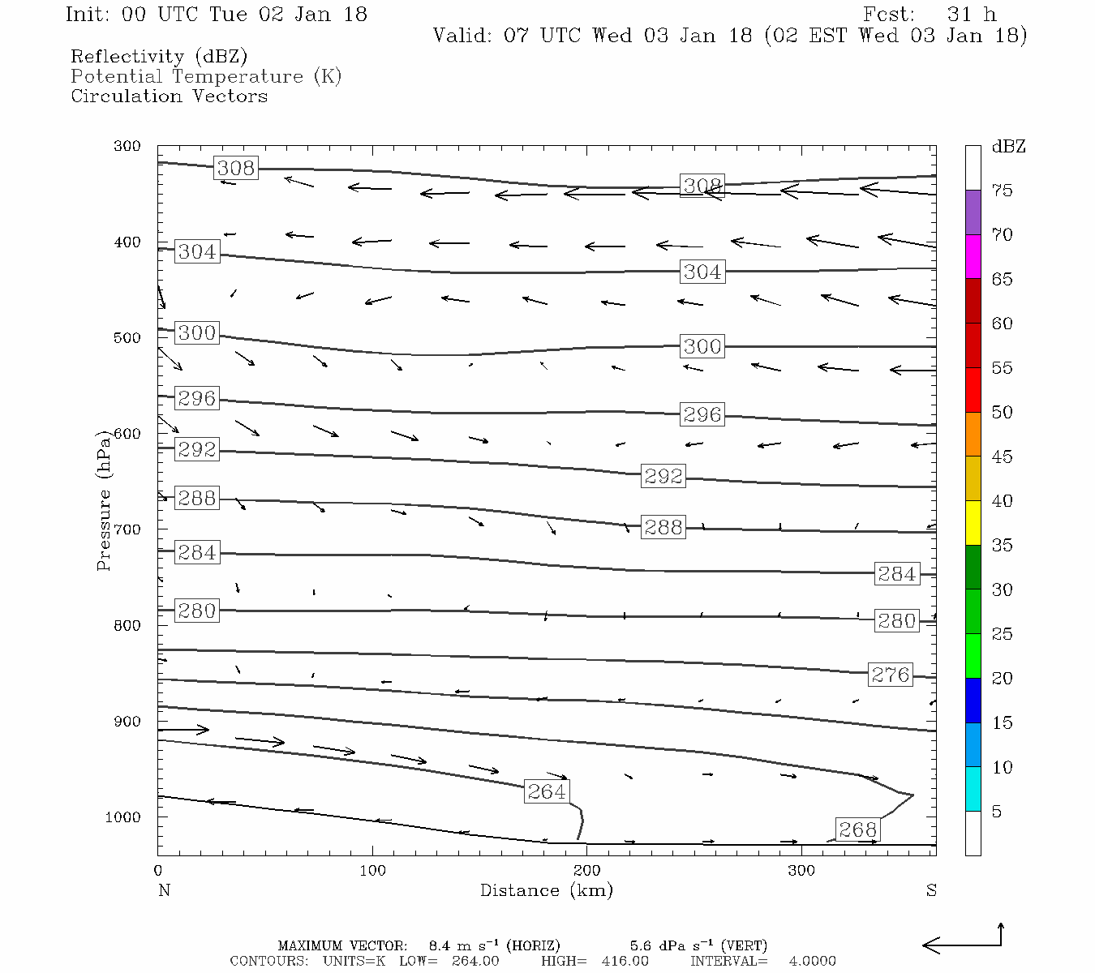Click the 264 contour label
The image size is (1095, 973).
pos(547,791)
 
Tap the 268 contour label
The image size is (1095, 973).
pos(857,829)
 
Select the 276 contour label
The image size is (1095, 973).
pos(891,675)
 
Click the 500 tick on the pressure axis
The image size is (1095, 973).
pos(127,338)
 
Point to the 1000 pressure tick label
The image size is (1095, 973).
pos(123,817)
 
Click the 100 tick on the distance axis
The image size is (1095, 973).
pos(372,871)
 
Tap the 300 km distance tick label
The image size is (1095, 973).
pos(801,871)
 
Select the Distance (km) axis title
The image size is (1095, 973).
pos(546,890)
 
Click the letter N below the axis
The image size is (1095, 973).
pos(164,890)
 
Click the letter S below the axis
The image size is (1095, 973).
pos(931,890)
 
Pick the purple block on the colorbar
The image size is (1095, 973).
pos(973,212)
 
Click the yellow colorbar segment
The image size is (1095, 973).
pos(973,523)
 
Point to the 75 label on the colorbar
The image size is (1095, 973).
pos(1002,191)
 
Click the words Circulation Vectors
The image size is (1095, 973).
pos(169,96)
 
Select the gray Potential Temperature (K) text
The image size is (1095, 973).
pos(206,77)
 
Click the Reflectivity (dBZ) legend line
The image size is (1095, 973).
pos(159,57)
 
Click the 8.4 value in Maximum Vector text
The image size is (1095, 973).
pos(439,945)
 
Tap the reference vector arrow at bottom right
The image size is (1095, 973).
pos(963,943)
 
